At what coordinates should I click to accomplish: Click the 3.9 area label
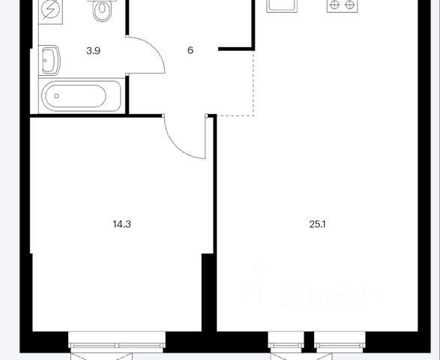93,51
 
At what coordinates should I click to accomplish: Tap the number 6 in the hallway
190,50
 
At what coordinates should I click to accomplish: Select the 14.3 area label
121,224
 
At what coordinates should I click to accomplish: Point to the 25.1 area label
317,224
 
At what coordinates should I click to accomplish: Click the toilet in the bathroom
102,10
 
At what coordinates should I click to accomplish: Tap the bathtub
82,96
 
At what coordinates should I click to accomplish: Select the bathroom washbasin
49,60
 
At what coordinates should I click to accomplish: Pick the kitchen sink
282,5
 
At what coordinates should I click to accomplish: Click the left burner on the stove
334,4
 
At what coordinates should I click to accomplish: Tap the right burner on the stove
349,4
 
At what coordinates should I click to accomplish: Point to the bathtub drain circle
56,96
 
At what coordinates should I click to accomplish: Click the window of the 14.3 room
117,342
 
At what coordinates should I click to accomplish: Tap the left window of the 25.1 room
286,342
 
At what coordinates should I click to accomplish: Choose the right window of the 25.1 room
340,342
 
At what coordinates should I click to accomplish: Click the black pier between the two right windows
309,342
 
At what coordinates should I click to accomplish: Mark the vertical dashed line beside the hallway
253,82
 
